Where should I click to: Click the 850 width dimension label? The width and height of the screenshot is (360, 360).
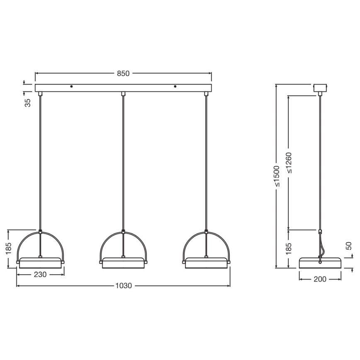[x=123, y=73]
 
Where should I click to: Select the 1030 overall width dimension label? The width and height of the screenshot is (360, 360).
[x=123, y=286]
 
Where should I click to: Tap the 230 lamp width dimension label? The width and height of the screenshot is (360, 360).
[x=40, y=274]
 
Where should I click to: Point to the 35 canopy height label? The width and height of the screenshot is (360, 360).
[x=28, y=103]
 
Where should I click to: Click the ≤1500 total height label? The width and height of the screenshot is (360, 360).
[x=277, y=176]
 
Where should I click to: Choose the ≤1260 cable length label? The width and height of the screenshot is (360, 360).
[x=289, y=163]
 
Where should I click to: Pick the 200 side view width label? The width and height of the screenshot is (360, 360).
[x=320, y=279]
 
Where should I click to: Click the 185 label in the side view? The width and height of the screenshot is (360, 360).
[x=289, y=249]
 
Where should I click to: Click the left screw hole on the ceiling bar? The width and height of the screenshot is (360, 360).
[x=71, y=86]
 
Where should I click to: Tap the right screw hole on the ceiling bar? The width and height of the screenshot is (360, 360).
[x=175, y=86]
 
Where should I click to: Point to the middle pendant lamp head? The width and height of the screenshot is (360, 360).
[x=123, y=263]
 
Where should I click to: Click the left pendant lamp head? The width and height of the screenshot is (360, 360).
[x=40, y=263]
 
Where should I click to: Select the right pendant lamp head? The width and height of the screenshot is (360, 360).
[x=206, y=263]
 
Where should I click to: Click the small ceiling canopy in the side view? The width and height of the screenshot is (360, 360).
[x=320, y=88]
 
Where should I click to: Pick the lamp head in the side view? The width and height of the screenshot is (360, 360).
[x=320, y=263]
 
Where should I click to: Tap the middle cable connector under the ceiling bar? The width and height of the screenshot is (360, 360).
[x=123, y=94]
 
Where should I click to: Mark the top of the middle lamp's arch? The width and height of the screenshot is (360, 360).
[x=123, y=232]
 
